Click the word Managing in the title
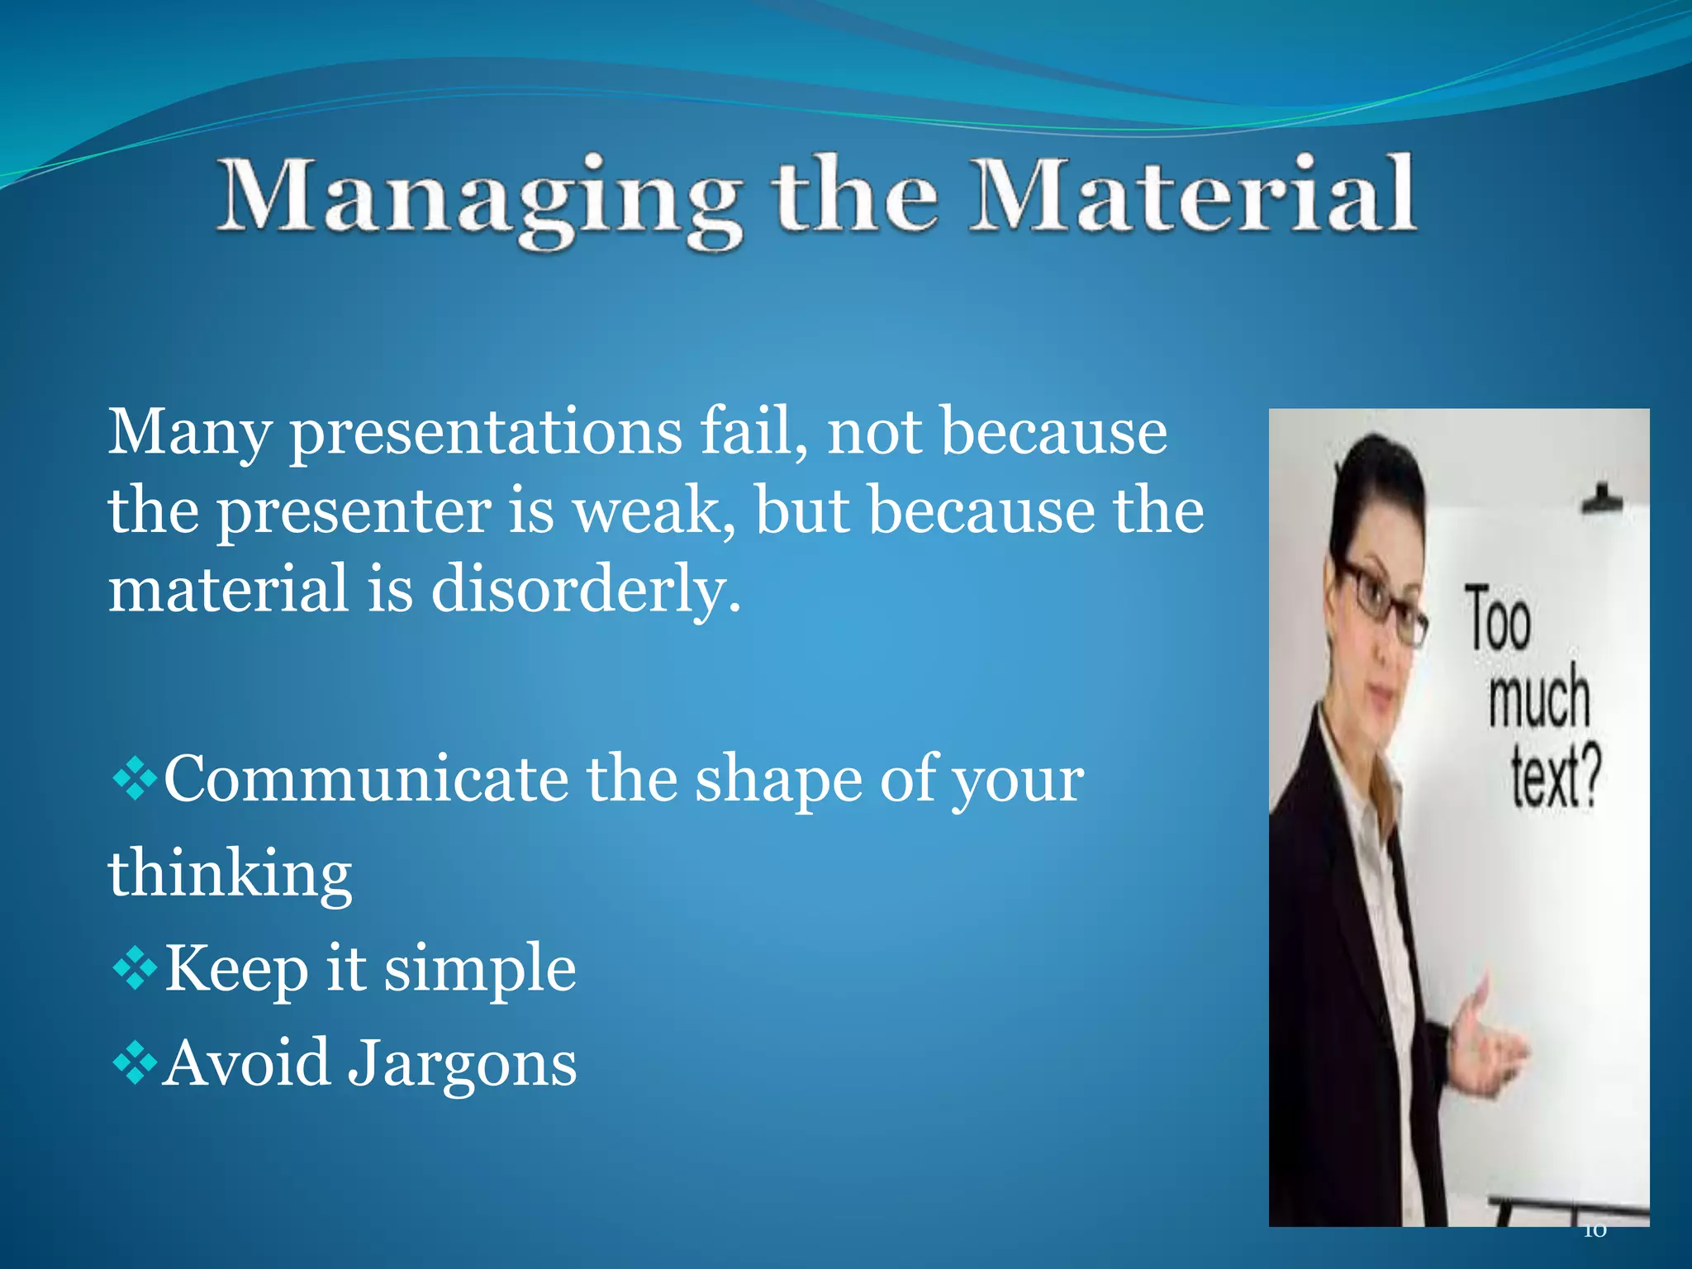point(479,198)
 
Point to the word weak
point(653,511)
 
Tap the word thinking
point(231,874)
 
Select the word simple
point(480,968)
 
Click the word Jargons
point(462,1063)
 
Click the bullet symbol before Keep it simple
point(134,969)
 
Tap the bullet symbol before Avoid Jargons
point(134,1064)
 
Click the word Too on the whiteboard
point(1498,620)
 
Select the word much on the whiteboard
point(1538,698)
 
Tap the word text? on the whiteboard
point(1555,777)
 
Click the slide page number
point(1595,1232)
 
